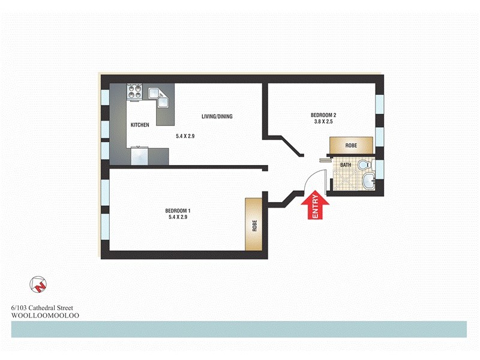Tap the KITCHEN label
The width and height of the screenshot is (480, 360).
coord(140,125)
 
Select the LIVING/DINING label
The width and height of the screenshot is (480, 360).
coord(217,117)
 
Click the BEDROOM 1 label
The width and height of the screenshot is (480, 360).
coord(178,211)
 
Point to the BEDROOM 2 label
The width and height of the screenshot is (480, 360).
coord(323,115)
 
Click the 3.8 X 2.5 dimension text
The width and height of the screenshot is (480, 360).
coord(323,122)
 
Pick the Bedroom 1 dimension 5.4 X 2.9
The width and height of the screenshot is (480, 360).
coord(178,218)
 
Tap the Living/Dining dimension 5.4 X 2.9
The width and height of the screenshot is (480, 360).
coord(186,137)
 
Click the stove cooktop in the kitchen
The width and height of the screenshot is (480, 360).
coord(135,92)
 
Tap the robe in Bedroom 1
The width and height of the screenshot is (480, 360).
coord(254,225)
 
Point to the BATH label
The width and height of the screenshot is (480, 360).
coord(346,164)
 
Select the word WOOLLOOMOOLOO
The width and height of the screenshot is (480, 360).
coord(46,315)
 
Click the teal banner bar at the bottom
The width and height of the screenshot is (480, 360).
coord(239,329)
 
